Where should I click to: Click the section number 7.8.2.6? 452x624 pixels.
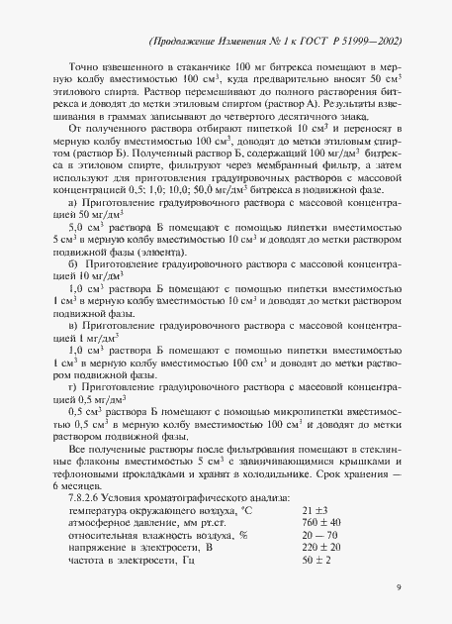pyautogui.click(x=82, y=496)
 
